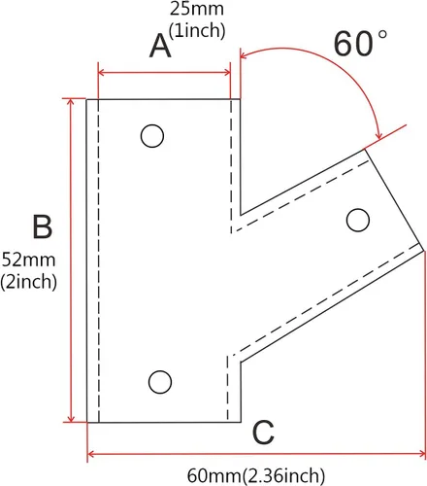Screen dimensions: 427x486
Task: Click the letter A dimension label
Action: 160,47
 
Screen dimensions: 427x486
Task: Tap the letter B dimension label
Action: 42,226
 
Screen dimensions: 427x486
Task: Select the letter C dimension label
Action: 263,433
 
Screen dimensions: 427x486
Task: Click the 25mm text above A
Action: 197,9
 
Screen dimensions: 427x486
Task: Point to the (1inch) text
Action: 197,30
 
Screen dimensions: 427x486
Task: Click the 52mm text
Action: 28,260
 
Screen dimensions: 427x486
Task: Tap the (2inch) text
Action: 28,281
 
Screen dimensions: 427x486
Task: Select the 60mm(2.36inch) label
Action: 256,475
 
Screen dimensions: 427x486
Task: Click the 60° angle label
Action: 360,44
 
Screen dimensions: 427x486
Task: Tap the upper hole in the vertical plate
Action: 152,136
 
